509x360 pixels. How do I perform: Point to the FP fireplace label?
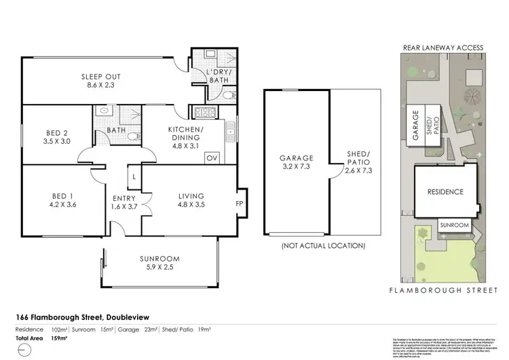click(x=239, y=202)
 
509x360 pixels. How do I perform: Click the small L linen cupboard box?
click(x=134, y=177)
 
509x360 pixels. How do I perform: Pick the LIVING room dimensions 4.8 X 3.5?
click(x=191, y=204)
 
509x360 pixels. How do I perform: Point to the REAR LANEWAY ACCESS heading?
click(x=443, y=48)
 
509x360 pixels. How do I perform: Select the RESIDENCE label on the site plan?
click(x=445, y=192)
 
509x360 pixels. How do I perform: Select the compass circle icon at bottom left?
click(x=25, y=350)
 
